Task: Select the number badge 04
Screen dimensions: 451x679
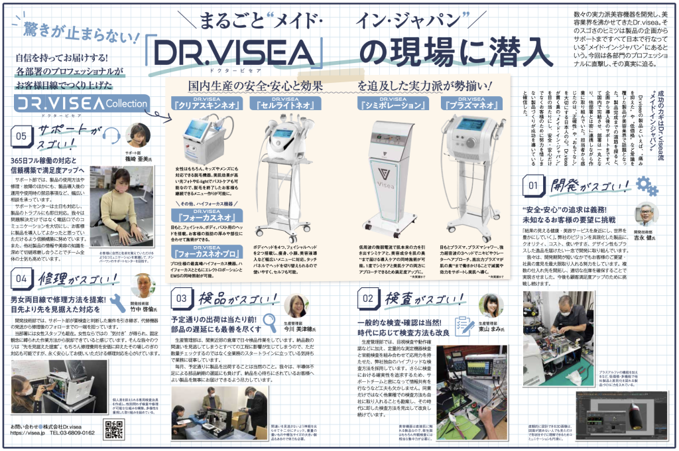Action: (x=21, y=280)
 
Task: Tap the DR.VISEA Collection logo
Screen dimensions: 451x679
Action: (x=80, y=104)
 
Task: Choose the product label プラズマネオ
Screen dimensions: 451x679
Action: (x=471, y=103)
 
